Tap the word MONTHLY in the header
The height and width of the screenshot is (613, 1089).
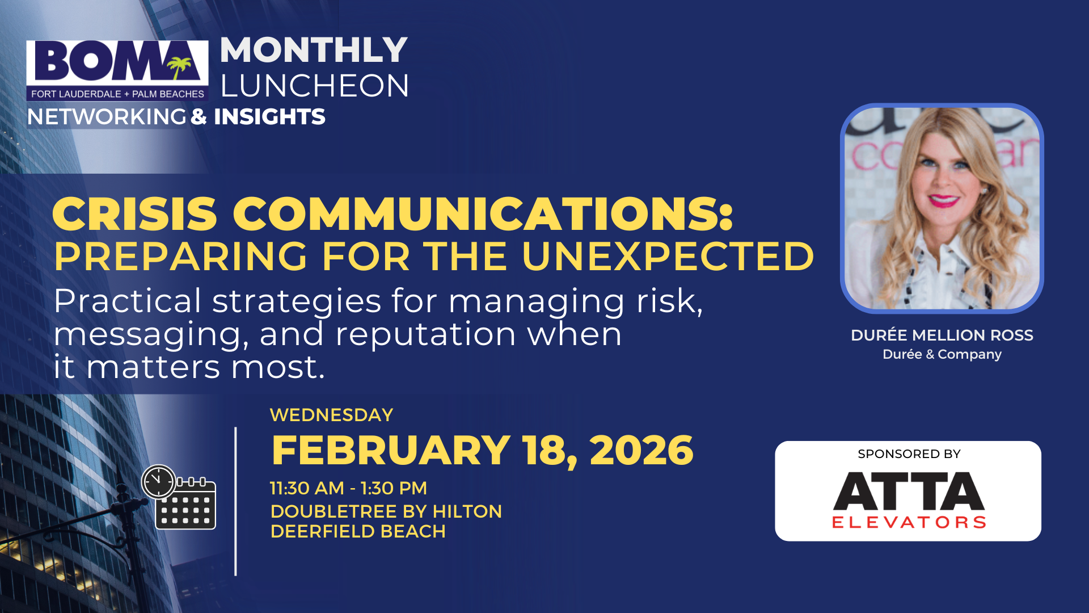pyautogui.click(x=314, y=50)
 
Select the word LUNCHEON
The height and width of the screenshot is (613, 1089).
pyautogui.click(x=314, y=86)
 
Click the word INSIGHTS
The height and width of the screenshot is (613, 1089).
pyautogui.click(x=269, y=117)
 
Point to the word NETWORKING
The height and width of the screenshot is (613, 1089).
pyautogui.click(x=107, y=117)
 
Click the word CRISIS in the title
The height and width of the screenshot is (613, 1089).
pyautogui.click(x=135, y=214)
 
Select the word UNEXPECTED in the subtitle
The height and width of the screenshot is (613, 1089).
pyautogui.click(x=668, y=257)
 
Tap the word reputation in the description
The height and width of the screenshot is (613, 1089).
pyautogui.click(x=425, y=334)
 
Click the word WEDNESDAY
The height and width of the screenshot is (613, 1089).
pyautogui.click(x=331, y=415)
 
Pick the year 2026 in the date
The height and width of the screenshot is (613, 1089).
pyautogui.click(x=641, y=451)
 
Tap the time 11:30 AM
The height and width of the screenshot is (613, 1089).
pyautogui.click(x=307, y=488)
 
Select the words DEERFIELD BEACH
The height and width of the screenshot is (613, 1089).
pyautogui.click(x=358, y=532)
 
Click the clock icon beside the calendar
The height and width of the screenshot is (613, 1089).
pyautogui.click(x=158, y=482)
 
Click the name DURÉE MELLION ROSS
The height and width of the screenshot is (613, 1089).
pyautogui.click(x=942, y=335)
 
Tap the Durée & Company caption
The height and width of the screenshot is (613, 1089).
pyautogui.click(x=942, y=354)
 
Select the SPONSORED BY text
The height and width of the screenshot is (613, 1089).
pyautogui.click(x=909, y=454)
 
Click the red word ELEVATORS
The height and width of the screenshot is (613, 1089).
pyautogui.click(x=909, y=522)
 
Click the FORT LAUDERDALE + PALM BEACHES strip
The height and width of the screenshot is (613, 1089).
pyautogui.click(x=117, y=94)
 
